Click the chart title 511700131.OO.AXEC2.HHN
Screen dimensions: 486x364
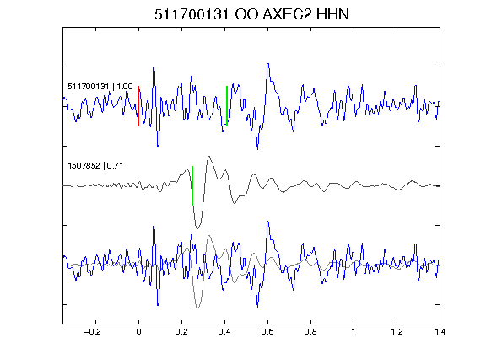click(251, 14)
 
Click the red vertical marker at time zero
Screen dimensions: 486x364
click(138, 106)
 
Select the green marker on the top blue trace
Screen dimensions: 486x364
click(227, 106)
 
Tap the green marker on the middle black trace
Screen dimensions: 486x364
click(192, 185)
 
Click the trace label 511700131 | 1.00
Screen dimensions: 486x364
click(100, 86)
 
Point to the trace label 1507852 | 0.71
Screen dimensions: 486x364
click(95, 166)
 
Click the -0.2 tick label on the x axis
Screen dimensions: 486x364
click(92, 332)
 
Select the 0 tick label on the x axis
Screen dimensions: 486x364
click(138, 332)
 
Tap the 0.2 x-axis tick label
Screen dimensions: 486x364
click(181, 332)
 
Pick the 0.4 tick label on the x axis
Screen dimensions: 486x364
click(224, 332)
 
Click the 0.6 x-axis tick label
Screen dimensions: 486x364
click(267, 332)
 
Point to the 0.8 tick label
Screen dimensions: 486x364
click(310, 332)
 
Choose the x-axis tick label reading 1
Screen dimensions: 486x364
click(354, 332)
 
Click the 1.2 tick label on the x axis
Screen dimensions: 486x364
click(397, 332)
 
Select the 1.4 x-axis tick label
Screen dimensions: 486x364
click(440, 332)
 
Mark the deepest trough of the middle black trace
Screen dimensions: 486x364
click(197, 228)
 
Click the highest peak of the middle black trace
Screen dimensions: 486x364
click(209, 157)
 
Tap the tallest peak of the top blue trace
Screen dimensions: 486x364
click(267, 64)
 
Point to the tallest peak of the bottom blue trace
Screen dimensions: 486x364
click(267, 222)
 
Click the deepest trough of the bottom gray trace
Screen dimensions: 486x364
click(197, 308)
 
